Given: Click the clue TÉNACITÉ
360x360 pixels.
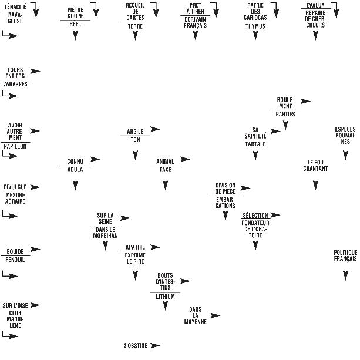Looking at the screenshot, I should pos(15,6).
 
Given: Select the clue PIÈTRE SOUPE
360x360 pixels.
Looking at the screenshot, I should pos(75,12).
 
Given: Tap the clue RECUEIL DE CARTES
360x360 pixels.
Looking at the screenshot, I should pos(135,11).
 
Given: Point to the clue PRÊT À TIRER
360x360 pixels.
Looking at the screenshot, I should pos(195,8).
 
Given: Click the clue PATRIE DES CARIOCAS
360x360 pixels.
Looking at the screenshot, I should pos(255,11).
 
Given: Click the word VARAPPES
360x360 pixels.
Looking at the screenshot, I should pos(15,84).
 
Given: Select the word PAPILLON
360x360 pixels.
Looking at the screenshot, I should pos(15,146).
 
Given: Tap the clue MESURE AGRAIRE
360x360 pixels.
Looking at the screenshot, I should pos(15,198).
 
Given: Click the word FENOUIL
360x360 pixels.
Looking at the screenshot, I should pos(15,260).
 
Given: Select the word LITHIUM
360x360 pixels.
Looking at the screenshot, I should pos(165,297).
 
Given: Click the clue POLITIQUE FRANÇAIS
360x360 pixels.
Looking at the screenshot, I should pos(345,255).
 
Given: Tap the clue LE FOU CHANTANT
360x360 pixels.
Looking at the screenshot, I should pos(315,165).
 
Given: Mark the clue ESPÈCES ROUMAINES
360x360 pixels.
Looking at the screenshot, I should pos(345,135).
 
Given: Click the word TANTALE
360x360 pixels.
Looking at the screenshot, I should pos(255,143).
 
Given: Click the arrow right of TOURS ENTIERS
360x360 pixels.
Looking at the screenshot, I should pos(35,71).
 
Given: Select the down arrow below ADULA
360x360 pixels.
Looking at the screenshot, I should pos(75,186).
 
